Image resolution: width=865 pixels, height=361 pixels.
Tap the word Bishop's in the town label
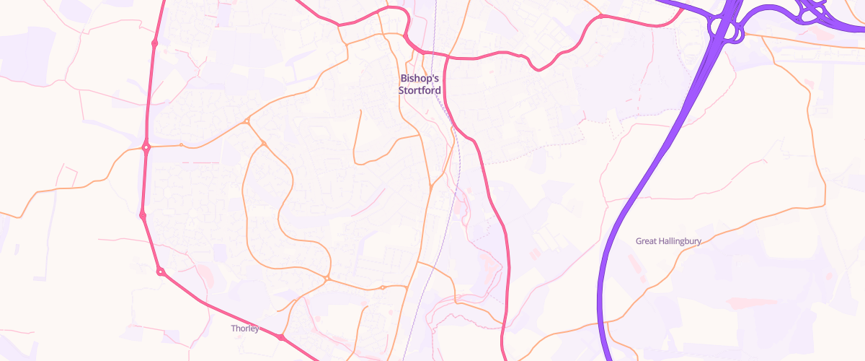point(420,78)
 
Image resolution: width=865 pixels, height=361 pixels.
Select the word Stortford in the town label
point(420,90)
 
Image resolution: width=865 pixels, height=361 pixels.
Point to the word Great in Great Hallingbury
point(646,241)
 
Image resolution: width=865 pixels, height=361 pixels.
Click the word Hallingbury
point(679,241)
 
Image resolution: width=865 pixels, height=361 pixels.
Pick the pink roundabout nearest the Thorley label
point(281,337)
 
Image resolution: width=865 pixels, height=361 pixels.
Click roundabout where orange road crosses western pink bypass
point(146,147)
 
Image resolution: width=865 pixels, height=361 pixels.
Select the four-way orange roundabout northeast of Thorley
point(327,278)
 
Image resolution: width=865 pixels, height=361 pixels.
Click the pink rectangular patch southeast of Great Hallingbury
point(742,302)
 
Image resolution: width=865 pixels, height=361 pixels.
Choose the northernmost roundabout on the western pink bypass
point(155,43)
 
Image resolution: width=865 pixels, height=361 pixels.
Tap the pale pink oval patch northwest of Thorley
point(205,274)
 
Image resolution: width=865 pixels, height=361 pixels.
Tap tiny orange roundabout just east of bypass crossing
point(181,146)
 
